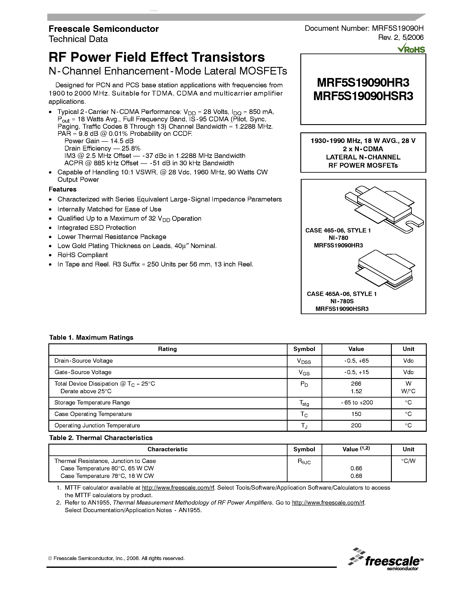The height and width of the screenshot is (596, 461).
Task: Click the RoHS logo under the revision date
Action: pyautogui.click(x=411, y=49)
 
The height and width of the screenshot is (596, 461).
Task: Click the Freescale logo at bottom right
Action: pyautogui.click(x=386, y=559)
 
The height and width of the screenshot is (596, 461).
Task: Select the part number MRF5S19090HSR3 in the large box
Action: pyautogui.click(x=363, y=96)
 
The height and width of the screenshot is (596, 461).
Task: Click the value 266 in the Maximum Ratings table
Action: pyautogui.click(x=356, y=384)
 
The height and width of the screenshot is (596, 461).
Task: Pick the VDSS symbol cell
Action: pyautogui.click(x=304, y=361)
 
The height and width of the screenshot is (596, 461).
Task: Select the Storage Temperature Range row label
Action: pyautogui.click(x=92, y=403)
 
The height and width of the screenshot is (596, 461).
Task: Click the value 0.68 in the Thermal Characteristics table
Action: pyautogui.click(x=356, y=476)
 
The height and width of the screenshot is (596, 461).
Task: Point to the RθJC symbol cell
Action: pyautogui.click(x=304, y=461)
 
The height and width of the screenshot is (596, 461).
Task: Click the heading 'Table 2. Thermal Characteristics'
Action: pyautogui.click(x=101, y=438)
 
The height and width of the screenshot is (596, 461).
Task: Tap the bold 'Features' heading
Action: pyautogui.click(x=62, y=189)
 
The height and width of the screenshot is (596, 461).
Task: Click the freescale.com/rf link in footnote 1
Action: pyautogui.click(x=178, y=488)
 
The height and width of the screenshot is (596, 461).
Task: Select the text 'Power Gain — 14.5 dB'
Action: pyautogui.click(x=99, y=141)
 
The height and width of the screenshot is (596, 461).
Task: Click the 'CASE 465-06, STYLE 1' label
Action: pyautogui.click(x=338, y=230)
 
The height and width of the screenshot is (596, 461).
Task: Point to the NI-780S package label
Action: pyautogui.click(x=342, y=301)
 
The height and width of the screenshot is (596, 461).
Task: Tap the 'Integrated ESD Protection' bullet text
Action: pyautogui.click(x=97, y=228)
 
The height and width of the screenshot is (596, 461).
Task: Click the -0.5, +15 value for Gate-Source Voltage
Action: pyautogui.click(x=356, y=372)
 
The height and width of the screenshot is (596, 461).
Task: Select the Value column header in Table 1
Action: pyautogui.click(x=356, y=349)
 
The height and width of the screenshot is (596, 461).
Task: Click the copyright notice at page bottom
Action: pyautogui.click(x=116, y=558)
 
